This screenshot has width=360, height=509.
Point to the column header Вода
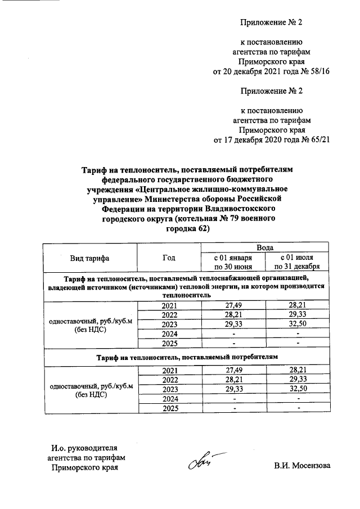coord(265,247)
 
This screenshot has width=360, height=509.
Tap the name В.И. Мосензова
coord(303,466)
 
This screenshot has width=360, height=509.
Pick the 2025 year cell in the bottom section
coord(169,408)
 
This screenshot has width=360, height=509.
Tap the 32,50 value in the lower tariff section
coord(298,389)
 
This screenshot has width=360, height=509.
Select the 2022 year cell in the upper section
coord(169,314)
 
